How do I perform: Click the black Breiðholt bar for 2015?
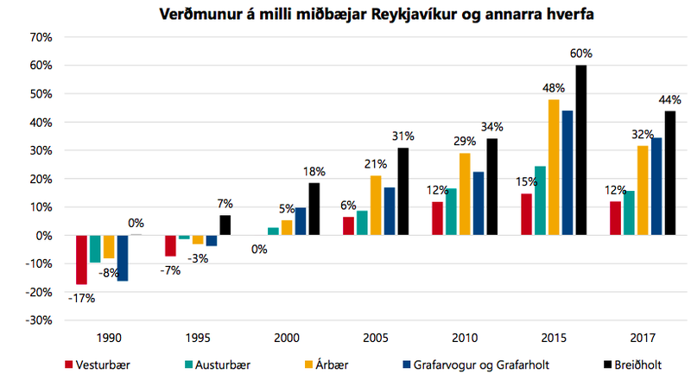pyautogui.click(x=580, y=150)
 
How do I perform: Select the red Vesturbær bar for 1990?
pyautogui.click(x=82, y=259)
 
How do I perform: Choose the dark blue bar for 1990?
pyautogui.click(x=123, y=257)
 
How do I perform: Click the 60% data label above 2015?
pyautogui.click(x=580, y=54)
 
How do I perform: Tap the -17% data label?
pyautogui.click(x=82, y=299)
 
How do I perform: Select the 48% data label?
pyautogui.click(x=554, y=87)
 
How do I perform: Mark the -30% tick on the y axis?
pyautogui.click(x=41, y=320)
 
